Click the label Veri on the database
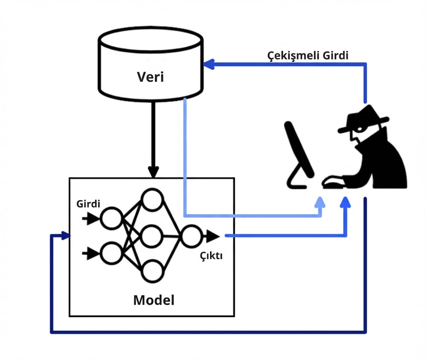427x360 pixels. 150,77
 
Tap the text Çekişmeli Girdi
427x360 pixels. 308,56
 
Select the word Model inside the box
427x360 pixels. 154,300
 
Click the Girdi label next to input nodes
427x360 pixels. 88,204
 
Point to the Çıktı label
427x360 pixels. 212,256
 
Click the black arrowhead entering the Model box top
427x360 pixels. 153,172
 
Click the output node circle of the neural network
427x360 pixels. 191,236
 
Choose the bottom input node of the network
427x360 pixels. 111,253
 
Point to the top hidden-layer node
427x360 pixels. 152,200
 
